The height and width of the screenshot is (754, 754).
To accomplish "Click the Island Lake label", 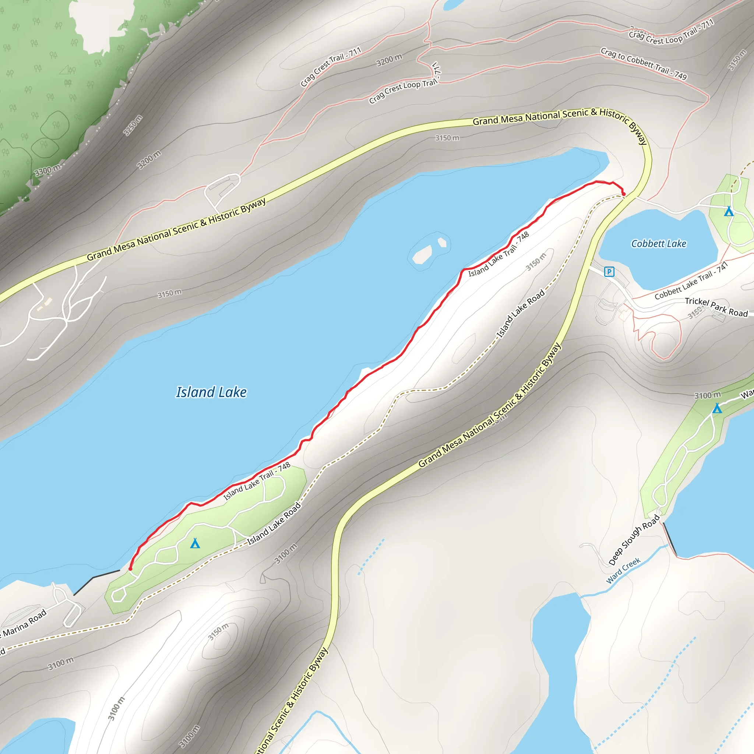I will pyautogui.click(x=211, y=392).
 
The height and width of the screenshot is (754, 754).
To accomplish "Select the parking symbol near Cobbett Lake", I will pyautogui.click(x=609, y=271).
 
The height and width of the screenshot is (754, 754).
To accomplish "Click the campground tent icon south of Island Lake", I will pyautogui.click(x=195, y=543).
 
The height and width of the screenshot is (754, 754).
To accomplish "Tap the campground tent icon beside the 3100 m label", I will pyautogui.click(x=717, y=408).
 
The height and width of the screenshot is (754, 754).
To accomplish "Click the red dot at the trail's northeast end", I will pyautogui.click(x=623, y=194).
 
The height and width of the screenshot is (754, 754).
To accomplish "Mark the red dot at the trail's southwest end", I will pyautogui.click(x=130, y=568).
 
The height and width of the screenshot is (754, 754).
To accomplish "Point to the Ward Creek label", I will pyautogui.click(x=623, y=571).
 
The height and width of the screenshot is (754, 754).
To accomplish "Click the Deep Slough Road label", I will pyautogui.click(x=634, y=540).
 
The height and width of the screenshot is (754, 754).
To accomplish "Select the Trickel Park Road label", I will pyautogui.click(x=716, y=307).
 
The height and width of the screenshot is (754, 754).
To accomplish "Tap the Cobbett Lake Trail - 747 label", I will pyautogui.click(x=691, y=281).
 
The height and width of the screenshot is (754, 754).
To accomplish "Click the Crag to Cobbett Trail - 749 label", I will pyautogui.click(x=644, y=64).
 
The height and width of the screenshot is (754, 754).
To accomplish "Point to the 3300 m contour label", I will pyautogui.click(x=47, y=170).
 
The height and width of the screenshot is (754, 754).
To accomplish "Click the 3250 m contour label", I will pyautogui.click(x=133, y=125).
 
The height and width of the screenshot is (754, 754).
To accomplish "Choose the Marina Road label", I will pyautogui.click(x=24, y=623).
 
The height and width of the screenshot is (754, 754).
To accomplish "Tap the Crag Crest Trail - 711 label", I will pyautogui.click(x=331, y=67).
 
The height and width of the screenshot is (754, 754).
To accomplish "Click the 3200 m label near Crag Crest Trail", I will pyautogui.click(x=389, y=60).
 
